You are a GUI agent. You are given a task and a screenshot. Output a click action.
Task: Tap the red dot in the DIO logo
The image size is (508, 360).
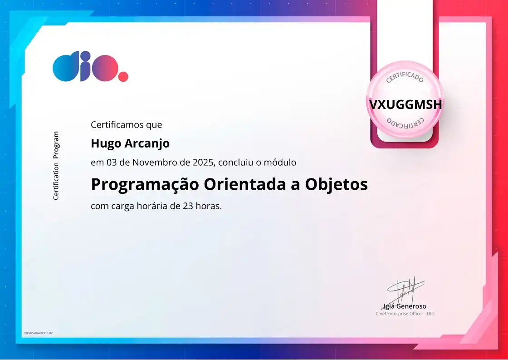tap(123, 76)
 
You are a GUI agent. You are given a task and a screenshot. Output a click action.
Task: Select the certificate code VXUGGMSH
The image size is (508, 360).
tap(405, 105)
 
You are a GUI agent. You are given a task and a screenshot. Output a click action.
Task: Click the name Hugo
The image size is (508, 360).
tap(105, 143)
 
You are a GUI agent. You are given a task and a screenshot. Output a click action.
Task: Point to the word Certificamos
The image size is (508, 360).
tap(117, 124)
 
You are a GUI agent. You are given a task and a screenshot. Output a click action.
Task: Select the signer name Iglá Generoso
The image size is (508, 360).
tap(405, 306)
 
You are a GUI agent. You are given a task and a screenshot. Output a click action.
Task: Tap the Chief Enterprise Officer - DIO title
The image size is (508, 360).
tap(405, 314)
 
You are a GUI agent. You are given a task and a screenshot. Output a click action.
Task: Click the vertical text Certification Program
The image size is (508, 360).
tap(56, 166)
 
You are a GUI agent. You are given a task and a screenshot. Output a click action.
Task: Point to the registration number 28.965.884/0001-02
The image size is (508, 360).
tap(38, 333)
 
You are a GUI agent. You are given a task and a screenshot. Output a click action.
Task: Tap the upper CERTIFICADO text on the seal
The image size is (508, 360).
tap(405, 78)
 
